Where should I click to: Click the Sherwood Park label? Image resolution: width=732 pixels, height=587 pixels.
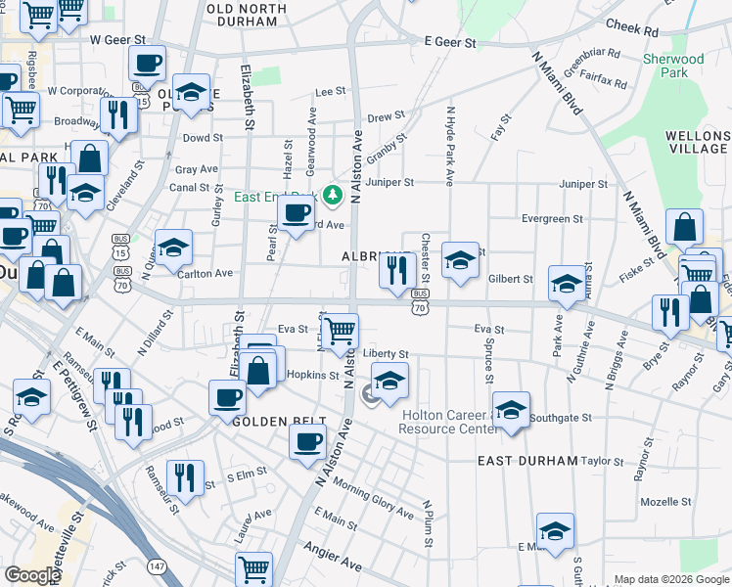[x=673, y=66]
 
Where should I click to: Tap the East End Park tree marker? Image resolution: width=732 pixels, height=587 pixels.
[x=333, y=196]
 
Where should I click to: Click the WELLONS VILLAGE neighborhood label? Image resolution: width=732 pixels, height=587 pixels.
[x=696, y=141]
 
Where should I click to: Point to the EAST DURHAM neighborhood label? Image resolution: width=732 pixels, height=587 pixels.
[x=527, y=460]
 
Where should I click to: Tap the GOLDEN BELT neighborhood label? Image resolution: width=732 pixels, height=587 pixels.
[x=272, y=421]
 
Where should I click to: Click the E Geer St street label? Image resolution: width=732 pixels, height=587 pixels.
[x=450, y=43]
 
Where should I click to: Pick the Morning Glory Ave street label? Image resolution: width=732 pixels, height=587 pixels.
[x=373, y=497]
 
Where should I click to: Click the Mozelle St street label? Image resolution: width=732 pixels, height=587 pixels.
[x=665, y=501]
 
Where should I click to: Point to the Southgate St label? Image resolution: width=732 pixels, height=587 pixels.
[x=560, y=418]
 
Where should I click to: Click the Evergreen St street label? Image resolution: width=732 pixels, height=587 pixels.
[x=552, y=219]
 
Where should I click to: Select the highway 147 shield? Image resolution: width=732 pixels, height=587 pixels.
[x=157, y=565]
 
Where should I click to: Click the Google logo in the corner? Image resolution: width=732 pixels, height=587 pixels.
[x=32, y=575]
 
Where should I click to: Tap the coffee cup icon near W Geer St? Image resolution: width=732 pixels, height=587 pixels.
[x=147, y=64]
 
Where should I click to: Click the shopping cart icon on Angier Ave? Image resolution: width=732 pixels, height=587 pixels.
[x=253, y=568]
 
